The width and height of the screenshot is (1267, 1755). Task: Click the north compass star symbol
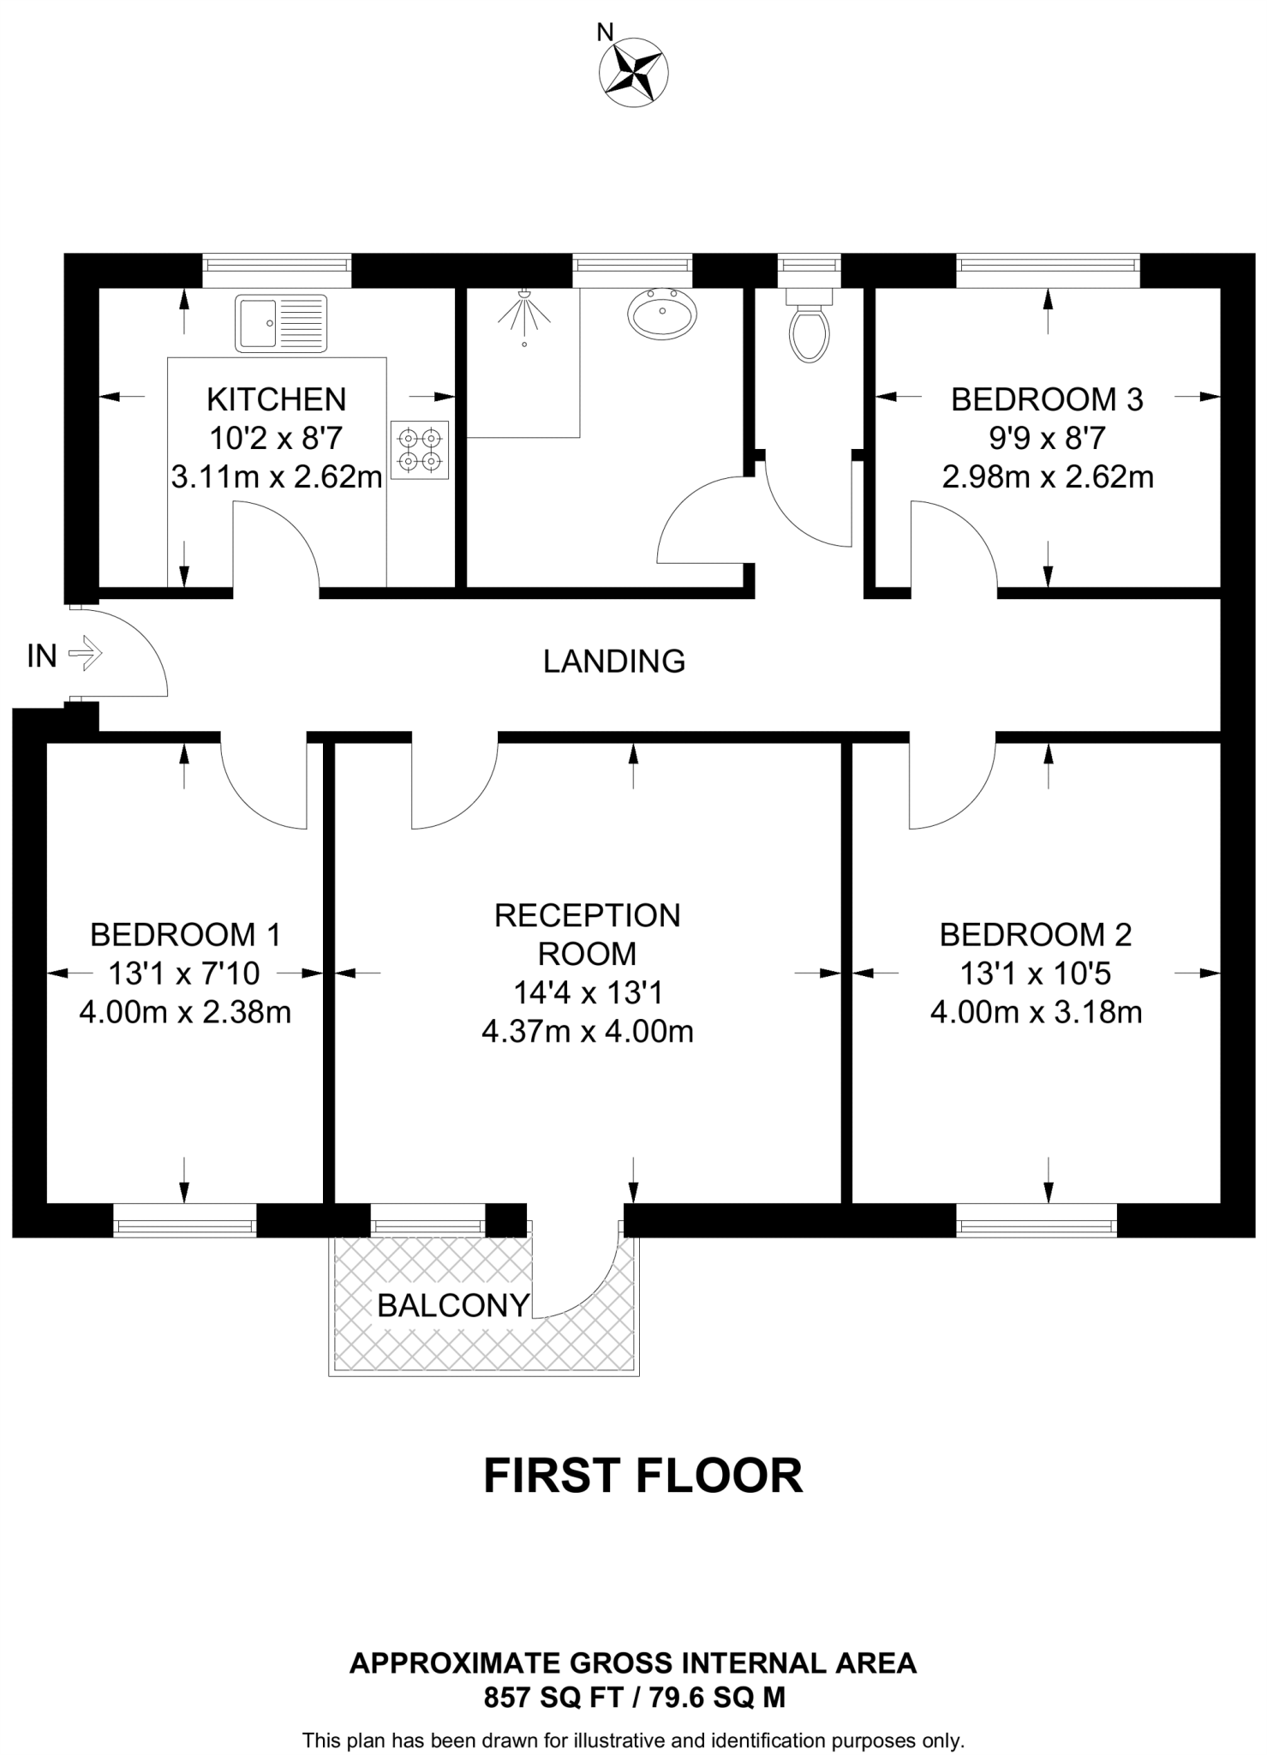pos(635,72)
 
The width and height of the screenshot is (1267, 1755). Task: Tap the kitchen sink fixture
pos(281,323)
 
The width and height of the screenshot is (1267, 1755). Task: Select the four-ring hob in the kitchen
pos(420,450)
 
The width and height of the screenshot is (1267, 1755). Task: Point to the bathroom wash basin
pos(663,313)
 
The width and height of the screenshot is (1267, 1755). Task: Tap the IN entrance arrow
pos(85,656)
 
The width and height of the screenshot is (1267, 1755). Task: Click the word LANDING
pos(614,662)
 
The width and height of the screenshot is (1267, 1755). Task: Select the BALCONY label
pos(453,1305)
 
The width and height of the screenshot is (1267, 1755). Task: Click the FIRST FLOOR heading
pos(642,1476)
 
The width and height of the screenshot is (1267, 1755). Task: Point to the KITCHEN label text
pos(277,399)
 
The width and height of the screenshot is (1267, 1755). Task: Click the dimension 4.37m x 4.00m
pos(588,1032)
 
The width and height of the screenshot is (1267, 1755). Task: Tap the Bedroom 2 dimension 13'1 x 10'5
pos(1036,973)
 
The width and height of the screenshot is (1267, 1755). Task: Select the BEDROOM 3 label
pos(1047,399)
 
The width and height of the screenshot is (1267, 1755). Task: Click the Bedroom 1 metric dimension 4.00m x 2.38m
pos(185,1013)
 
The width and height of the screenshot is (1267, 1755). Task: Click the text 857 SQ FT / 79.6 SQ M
pos(634,1698)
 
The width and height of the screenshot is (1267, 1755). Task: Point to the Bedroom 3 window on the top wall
pos(1048,270)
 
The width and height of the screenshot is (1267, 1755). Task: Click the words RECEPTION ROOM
pos(588,934)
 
